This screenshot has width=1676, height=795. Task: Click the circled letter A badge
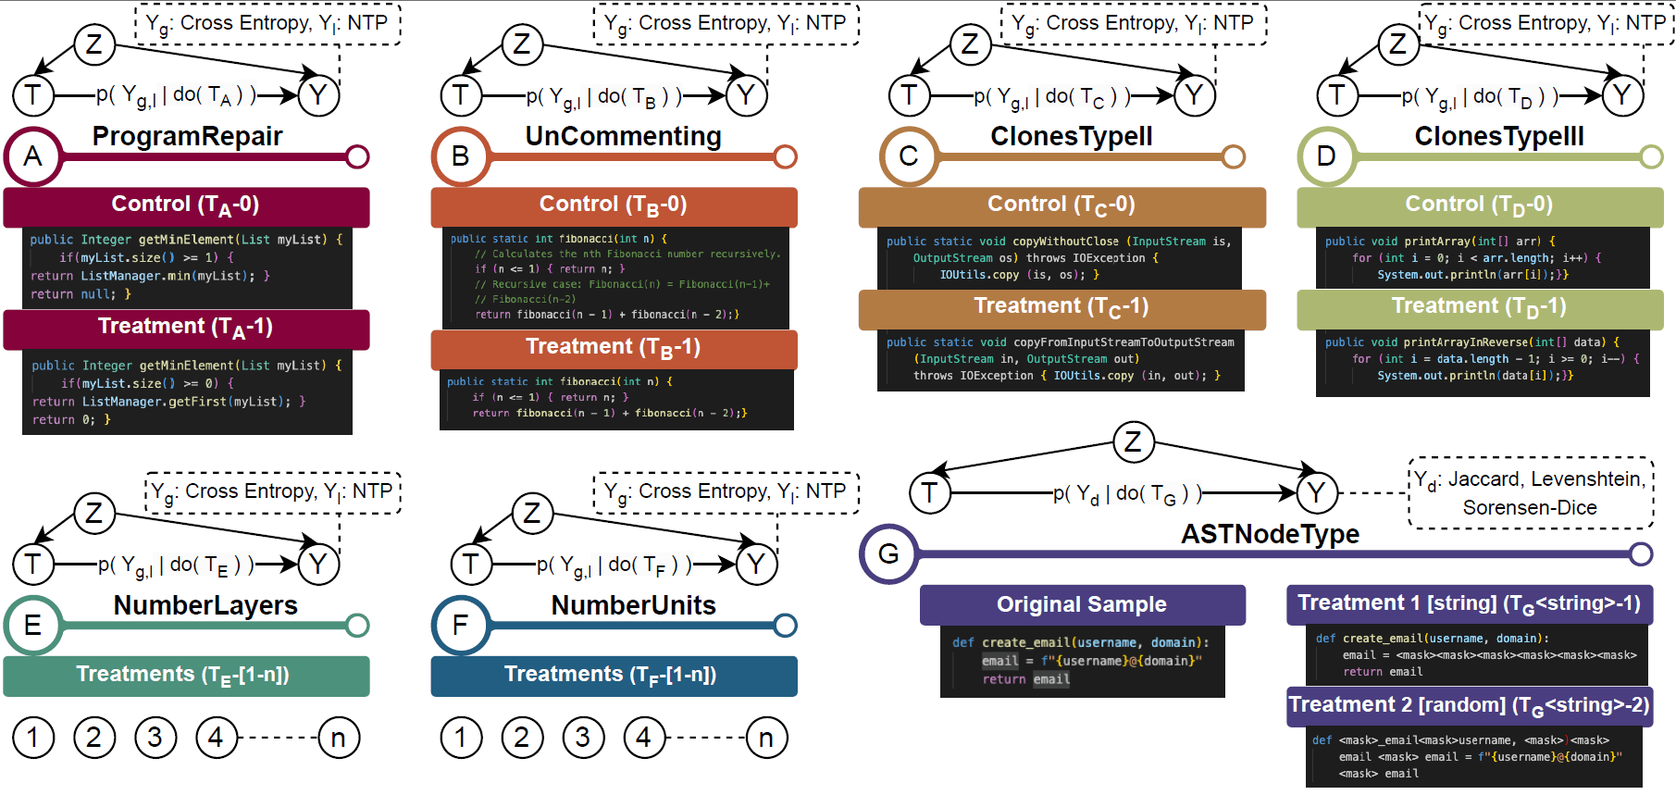tap(33, 156)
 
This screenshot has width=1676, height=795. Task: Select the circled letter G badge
tap(888, 553)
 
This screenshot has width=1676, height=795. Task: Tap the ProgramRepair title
tap(187, 136)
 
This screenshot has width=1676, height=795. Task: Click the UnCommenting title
tap(623, 136)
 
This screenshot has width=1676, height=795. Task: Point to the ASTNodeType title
tap(1270, 534)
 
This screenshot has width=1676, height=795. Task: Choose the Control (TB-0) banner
tap(614, 206)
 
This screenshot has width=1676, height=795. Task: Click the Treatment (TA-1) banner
tap(186, 329)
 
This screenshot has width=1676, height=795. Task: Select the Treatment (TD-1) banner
tap(1479, 308)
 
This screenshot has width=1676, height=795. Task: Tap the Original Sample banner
tap(1082, 604)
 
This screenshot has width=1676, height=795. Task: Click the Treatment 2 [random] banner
tap(1469, 705)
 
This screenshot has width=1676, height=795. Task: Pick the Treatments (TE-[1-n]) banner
tap(186, 676)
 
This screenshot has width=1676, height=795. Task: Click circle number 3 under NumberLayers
tap(155, 738)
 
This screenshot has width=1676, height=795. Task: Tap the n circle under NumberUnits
tap(766, 738)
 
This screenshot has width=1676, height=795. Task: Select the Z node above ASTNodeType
tap(1133, 441)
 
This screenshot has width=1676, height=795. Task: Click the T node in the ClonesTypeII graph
tap(909, 94)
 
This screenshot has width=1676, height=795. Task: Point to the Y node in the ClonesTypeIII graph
tap(1621, 94)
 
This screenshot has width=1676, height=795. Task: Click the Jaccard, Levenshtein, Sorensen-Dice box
tap(1530, 492)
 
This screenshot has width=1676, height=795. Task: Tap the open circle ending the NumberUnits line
tap(785, 626)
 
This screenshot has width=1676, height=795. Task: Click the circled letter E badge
tap(33, 626)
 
